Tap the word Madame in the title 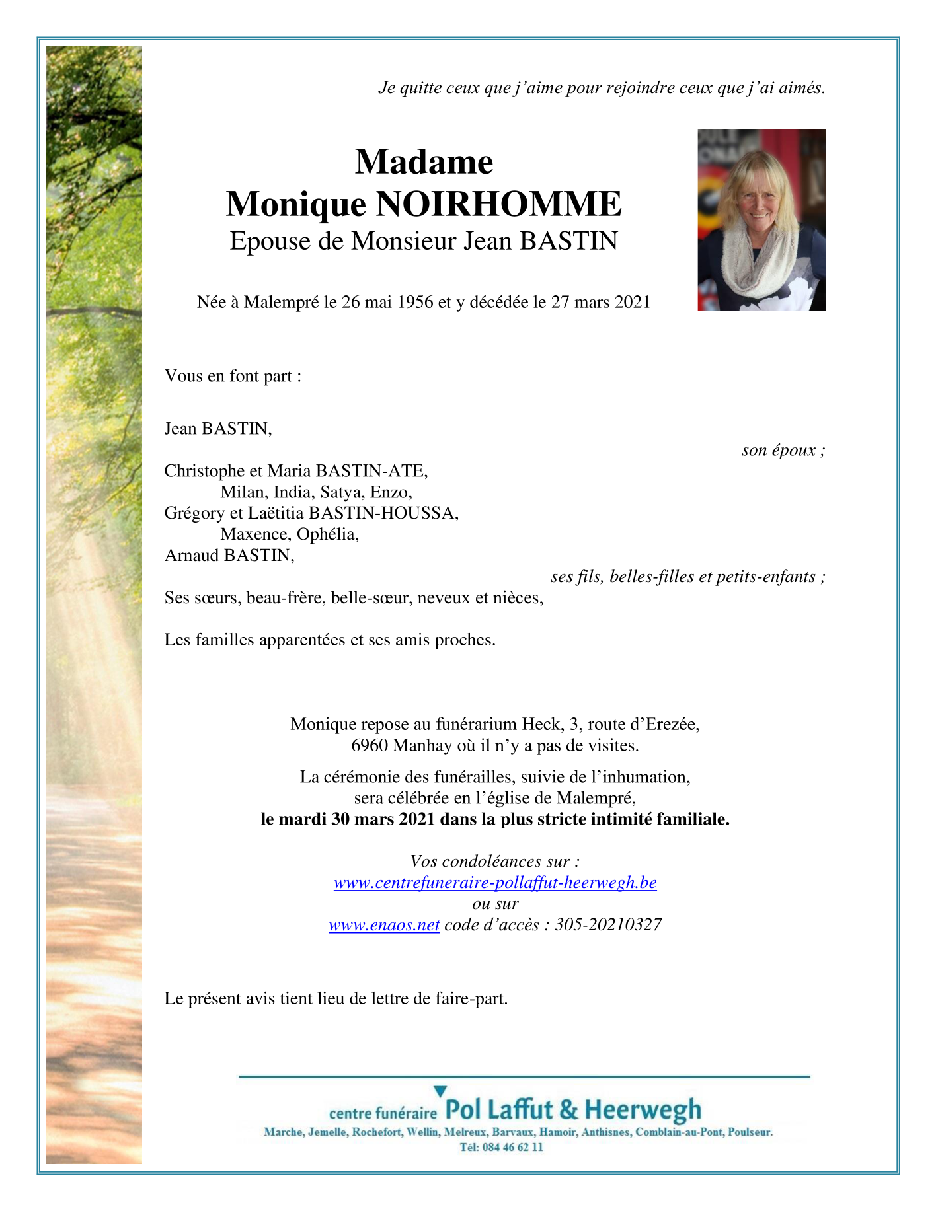424,161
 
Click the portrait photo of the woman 761,220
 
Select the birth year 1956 411,302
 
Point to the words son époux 783,450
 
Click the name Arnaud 192,555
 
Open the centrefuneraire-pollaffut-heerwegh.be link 495,883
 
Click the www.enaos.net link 384,925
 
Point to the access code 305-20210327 608,925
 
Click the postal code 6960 369,745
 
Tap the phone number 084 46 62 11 513,1147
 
